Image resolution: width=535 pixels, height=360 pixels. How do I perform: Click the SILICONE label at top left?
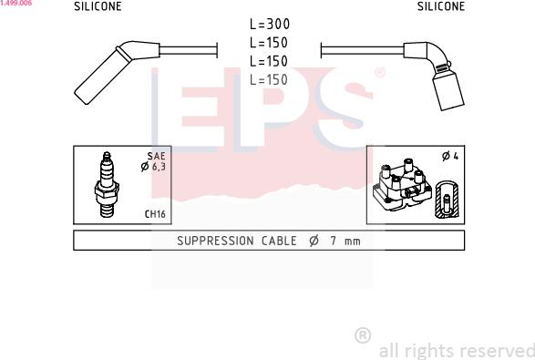tap(98, 6)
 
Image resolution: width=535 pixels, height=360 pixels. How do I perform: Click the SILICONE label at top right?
tap(441, 6)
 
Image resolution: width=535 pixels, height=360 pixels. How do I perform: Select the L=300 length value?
tap(270, 24)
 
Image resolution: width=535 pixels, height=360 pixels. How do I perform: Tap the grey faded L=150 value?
tap(269, 80)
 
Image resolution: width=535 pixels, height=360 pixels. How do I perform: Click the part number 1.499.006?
tap(15, 3)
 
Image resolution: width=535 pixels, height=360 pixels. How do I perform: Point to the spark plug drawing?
tap(107, 185)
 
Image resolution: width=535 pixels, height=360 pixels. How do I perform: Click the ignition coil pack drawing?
tap(402, 184)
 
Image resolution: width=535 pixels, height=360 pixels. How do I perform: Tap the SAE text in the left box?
tap(156, 156)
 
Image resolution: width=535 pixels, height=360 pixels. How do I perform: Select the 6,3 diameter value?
tap(159, 167)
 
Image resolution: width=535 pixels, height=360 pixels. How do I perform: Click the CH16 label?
tap(155, 214)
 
